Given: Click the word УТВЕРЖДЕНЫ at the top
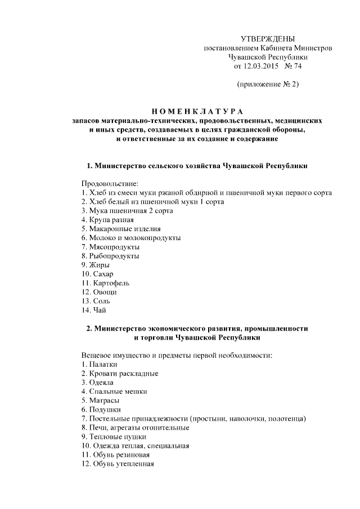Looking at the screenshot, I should pos(267,39).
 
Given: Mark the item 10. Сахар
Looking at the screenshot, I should pos(97,273).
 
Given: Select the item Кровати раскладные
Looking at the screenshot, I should pos(119,373).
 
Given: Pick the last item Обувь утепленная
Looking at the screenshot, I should pos(118,463).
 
